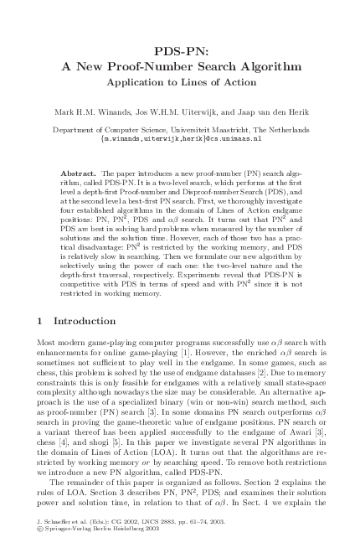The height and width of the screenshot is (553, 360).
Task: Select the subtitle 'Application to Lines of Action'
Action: [x=180, y=82]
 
